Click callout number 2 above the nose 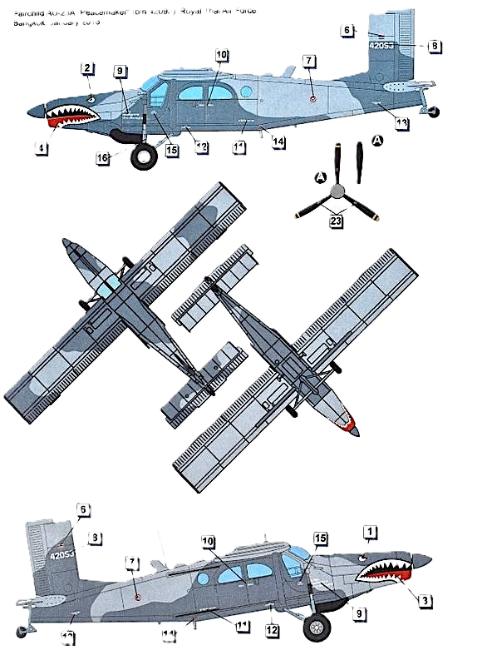(x=86, y=65)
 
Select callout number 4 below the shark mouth (x=40, y=149)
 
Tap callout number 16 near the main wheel (x=102, y=155)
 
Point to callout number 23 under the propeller (x=336, y=221)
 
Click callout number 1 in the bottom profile (x=371, y=531)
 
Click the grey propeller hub (x=337, y=191)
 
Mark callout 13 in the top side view (x=401, y=123)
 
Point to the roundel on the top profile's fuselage (x=311, y=98)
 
